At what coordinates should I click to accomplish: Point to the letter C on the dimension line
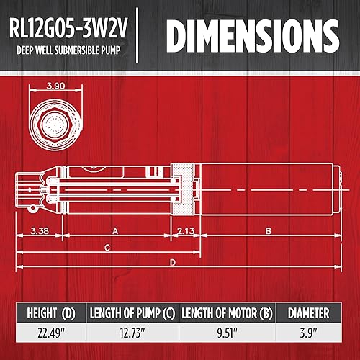106,248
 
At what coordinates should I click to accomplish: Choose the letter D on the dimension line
172,263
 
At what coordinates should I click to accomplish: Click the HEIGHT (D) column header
50,313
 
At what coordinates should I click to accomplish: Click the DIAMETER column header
308,313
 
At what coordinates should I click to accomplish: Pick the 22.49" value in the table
50,335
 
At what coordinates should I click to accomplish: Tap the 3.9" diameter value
308,335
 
